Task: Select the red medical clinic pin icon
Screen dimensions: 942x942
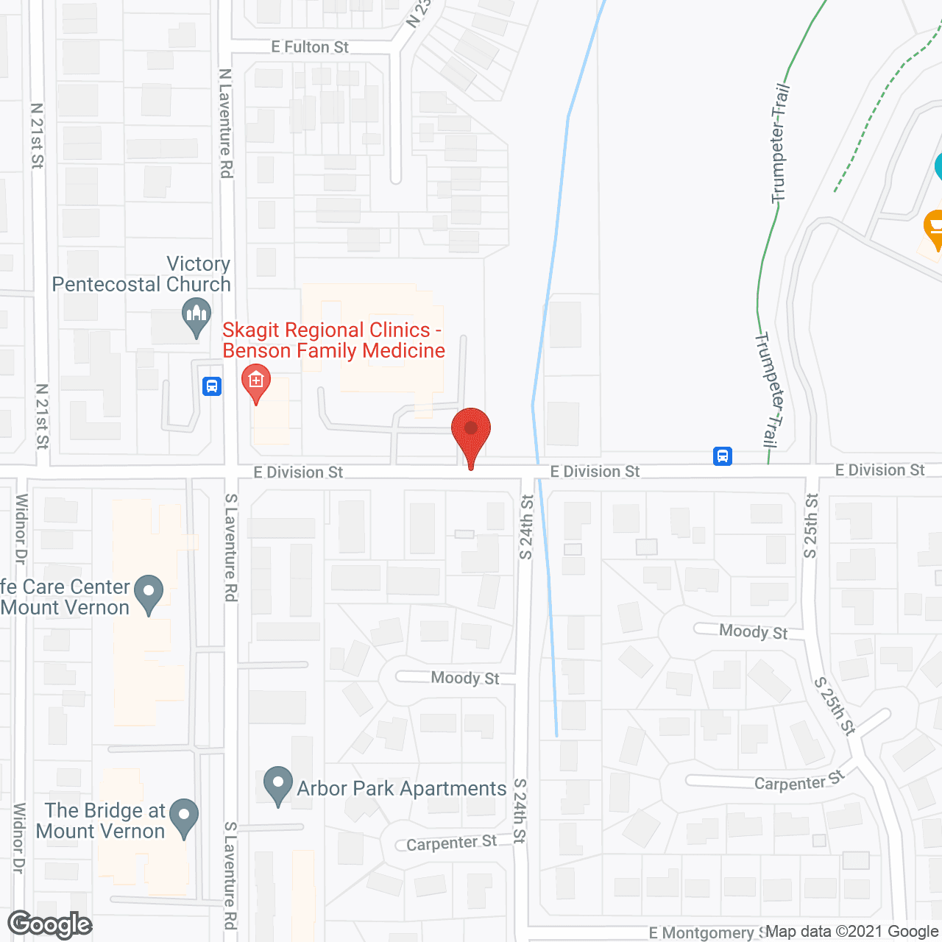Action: [x=256, y=382]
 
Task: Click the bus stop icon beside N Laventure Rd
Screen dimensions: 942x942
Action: [x=212, y=386]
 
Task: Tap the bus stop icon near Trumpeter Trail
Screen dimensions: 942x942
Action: [x=723, y=456]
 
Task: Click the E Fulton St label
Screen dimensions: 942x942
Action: [x=310, y=47]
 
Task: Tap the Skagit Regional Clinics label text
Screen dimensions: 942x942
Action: [x=333, y=340]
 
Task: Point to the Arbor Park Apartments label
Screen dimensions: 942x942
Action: [x=402, y=789]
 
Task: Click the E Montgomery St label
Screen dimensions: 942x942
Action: [x=705, y=933]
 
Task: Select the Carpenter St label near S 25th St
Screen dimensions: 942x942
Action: [x=798, y=782]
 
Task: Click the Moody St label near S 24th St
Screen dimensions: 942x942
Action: [x=465, y=678]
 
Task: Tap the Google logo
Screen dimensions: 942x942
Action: [x=50, y=925]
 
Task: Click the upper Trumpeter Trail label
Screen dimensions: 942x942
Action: [x=779, y=144]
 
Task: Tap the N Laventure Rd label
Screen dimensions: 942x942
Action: [x=226, y=123]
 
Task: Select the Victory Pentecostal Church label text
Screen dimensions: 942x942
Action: [x=141, y=274]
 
